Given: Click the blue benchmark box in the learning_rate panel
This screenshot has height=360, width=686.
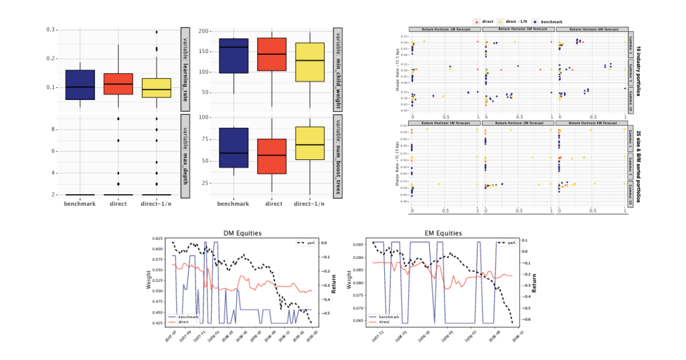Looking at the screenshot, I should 80,85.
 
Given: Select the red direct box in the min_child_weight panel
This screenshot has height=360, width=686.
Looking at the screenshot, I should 272,54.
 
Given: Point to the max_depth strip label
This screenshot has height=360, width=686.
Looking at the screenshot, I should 185,155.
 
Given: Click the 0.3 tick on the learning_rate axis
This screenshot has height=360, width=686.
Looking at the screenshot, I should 50,29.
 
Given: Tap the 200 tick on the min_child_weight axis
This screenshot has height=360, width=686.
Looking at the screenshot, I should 203,31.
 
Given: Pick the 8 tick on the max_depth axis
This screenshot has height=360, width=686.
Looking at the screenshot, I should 53,130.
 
